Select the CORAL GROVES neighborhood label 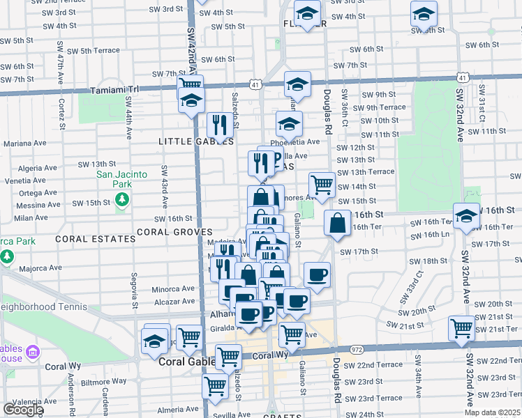click(174, 231)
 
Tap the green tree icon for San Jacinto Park click(123, 200)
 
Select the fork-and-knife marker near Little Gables click(220, 125)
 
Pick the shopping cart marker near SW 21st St click(462, 327)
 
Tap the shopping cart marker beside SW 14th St click(322, 185)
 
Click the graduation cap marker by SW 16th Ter click(466, 216)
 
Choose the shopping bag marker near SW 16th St click(337, 224)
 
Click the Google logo click(22, 410)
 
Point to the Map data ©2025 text click(491, 412)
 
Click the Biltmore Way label click(100, 382)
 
